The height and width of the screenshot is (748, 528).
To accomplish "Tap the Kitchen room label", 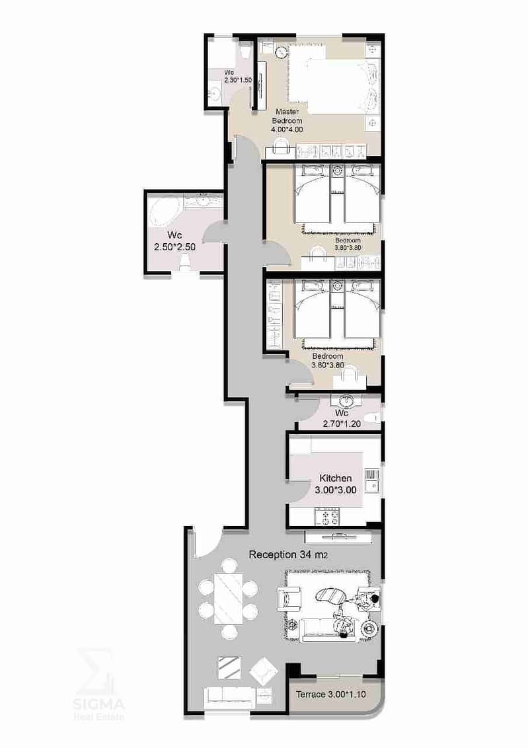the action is pyautogui.click(x=336, y=478).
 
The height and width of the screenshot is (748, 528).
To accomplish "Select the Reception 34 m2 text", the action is pyautogui.click(x=288, y=555).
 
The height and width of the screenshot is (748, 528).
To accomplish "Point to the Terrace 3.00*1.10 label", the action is pyautogui.click(x=331, y=694).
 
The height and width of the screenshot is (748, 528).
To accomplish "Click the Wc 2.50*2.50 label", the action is pyautogui.click(x=174, y=241).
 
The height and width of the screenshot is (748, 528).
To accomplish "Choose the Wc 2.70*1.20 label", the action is pyautogui.click(x=342, y=418).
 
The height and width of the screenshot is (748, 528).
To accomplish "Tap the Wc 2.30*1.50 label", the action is pyautogui.click(x=237, y=77).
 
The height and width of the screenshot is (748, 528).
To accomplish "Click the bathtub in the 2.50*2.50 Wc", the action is pyautogui.click(x=165, y=213).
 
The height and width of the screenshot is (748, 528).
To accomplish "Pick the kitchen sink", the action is pyautogui.click(x=372, y=486).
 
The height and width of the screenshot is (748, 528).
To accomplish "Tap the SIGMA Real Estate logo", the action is pyautogui.click(x=98, y=685).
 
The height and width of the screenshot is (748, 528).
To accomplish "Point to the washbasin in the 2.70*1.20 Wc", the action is pyautogui.click(x=342, y=400).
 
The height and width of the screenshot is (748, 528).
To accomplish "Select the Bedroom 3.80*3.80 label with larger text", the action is pyautogui.click(x=328, y=361).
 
